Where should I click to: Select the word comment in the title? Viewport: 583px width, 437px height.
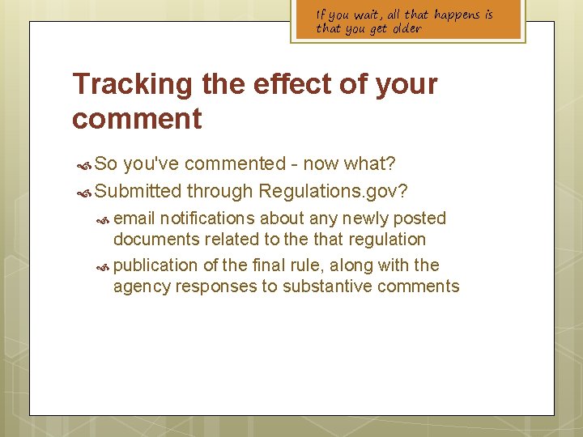coord(137,119)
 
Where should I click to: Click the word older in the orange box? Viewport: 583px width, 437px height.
coord(406,29)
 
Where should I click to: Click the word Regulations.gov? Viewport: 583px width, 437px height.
coord(333,191)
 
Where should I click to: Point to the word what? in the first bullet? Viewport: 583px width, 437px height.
coord(369,164)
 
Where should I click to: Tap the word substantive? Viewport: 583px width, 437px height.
coord(333,286)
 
